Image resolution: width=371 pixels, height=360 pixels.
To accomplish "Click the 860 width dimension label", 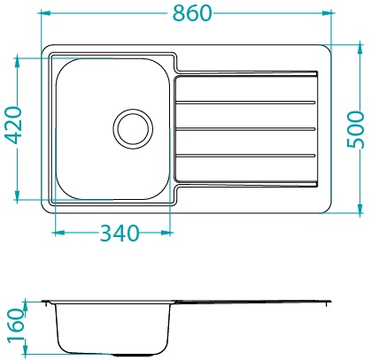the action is click(192, 13).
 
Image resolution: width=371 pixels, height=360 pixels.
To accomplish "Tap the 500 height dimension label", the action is click(355, 129).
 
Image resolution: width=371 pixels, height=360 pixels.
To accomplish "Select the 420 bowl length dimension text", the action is click(13, 125).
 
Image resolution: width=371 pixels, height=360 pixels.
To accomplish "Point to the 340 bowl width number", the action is click(120, 233).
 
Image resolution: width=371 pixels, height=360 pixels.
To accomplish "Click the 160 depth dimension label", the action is click(16, 326).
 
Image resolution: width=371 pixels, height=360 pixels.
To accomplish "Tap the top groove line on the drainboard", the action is click(245, 103).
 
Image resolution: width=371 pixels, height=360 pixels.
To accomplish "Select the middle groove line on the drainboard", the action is click(245, 129).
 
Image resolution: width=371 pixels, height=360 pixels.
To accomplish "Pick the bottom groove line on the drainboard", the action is click(245, 156).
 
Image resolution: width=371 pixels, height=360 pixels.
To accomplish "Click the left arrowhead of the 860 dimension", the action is click(46, 13).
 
